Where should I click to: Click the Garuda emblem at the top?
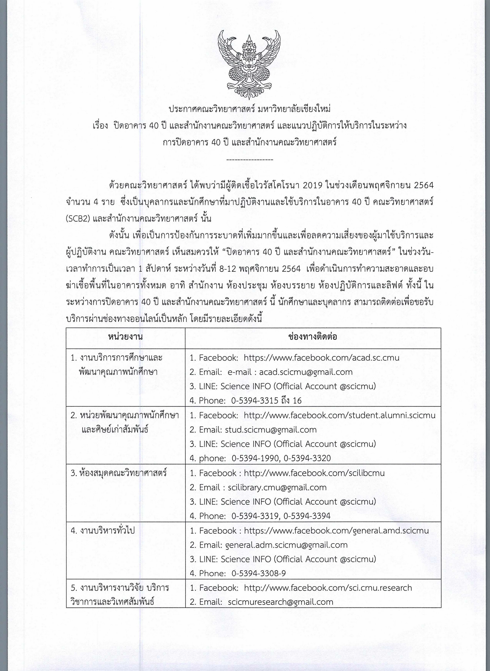click(249, 64)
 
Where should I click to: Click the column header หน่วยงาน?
click(125, 337)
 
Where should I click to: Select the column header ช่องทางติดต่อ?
click(313, 337)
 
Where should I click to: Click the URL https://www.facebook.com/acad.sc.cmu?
click(321, 357)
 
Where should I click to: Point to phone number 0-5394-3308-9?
click(259, 573)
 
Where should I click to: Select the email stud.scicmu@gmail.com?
click(271, 429)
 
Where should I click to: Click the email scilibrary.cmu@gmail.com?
click(277, 487)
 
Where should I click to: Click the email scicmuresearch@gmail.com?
click(280, 602)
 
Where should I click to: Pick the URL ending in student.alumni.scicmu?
click(339, 415)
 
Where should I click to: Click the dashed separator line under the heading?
click(250, 160)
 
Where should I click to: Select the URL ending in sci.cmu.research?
click(328, 588)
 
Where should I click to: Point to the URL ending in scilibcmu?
click(314, 473)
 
